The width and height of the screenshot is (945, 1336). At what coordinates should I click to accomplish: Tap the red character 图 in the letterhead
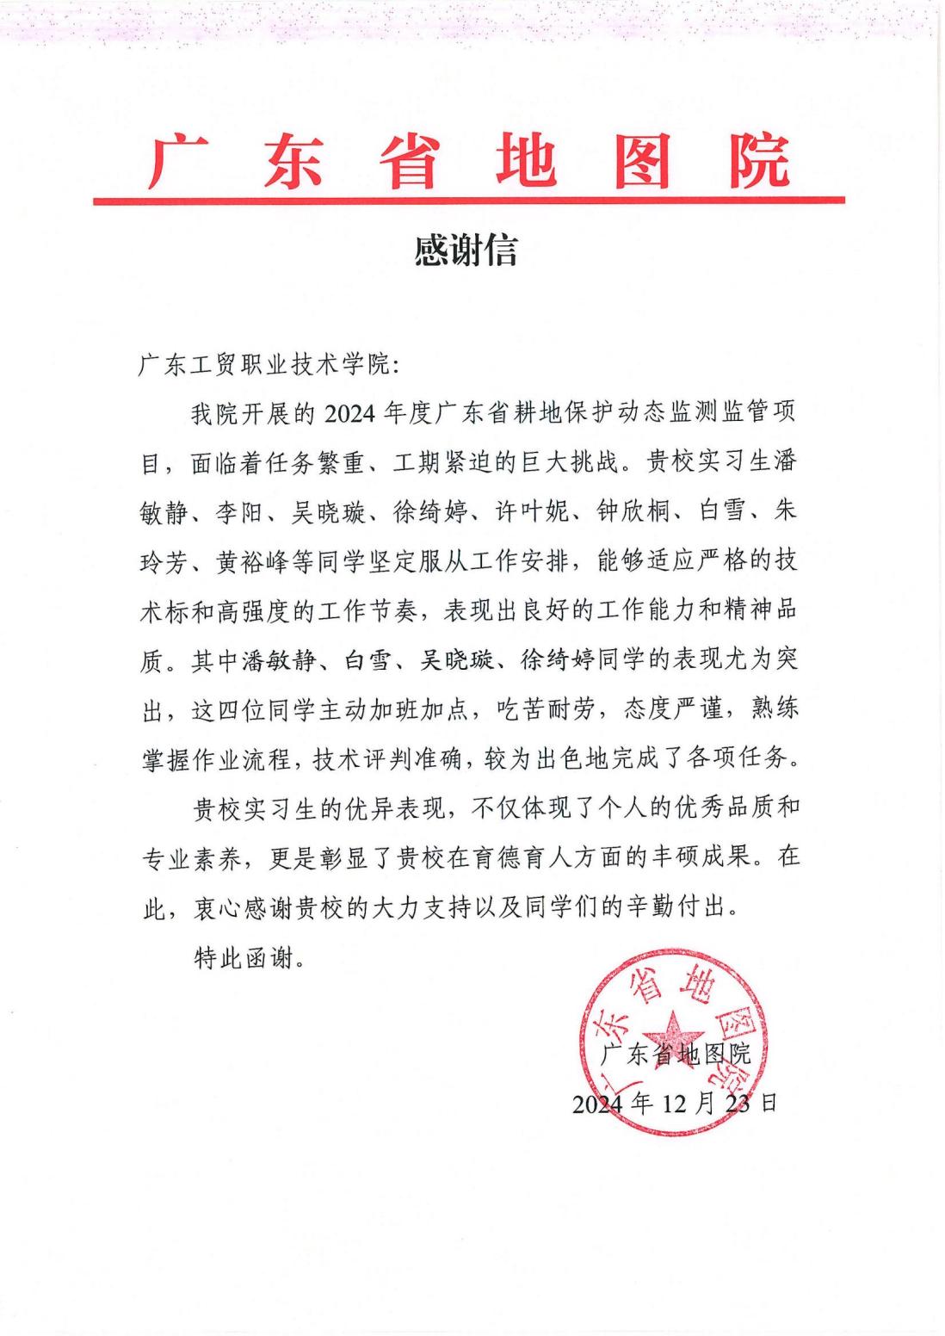click(x=641, y=161)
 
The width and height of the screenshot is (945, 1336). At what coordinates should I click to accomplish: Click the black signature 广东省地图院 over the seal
click(x=676, y=1053)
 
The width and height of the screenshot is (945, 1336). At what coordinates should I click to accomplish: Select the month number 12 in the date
click(x=678, y=1103)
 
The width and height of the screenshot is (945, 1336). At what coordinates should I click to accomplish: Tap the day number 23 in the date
click(x=738, y=1103)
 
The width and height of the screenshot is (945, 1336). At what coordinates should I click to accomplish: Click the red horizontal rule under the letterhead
click(x=469, y=201)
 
